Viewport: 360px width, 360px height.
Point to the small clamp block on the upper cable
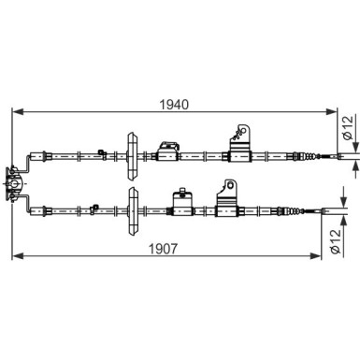click(x=170, y=149)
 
